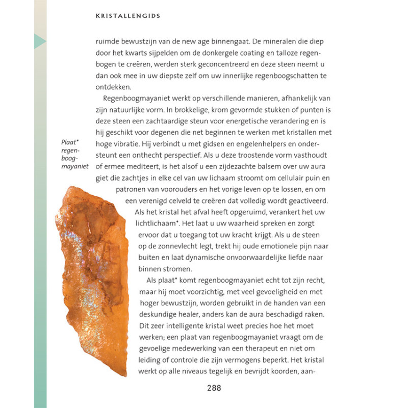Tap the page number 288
tap(214, 388)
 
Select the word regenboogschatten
tap(273, 76)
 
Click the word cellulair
tap(284, 177)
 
